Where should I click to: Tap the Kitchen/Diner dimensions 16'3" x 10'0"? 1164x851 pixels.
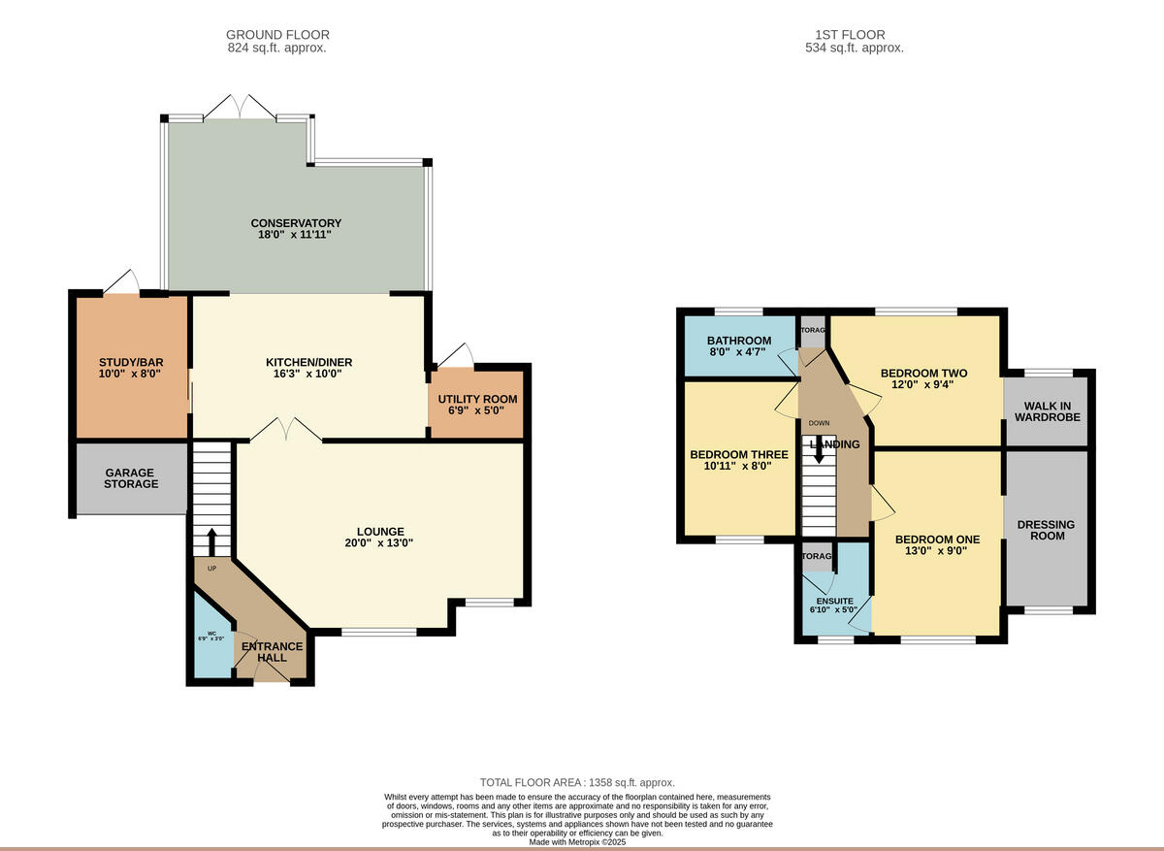pos(309,374)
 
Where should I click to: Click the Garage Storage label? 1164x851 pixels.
pos(131,477)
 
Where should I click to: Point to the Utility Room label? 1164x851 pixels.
pos(477,399)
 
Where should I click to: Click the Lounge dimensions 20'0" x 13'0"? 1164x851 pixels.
pos(380,543)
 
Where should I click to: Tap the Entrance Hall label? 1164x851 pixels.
pos(272,652)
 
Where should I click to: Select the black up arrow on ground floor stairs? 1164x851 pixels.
pos(211,540)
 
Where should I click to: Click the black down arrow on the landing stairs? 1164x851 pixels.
pos(819,449)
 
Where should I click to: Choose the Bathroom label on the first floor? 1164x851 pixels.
pos(739,341)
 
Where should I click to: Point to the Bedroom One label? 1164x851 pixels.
pos(937,540)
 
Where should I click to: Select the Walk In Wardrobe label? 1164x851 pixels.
pos(1048,410)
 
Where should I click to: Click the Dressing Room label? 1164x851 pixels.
pos(1048,530)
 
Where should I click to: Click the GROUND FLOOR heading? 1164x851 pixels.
pos(277,35)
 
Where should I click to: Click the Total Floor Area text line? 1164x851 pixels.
pos(577,782)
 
